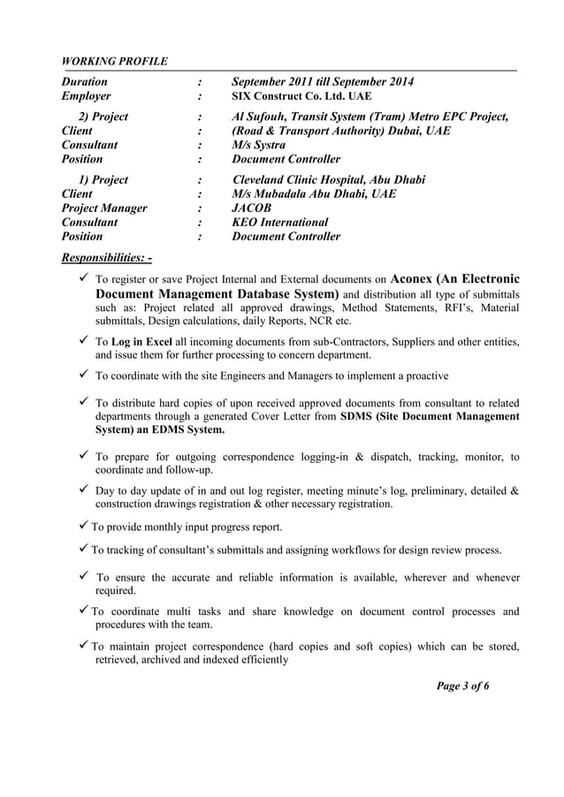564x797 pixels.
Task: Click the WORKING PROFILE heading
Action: (x=114, y=61)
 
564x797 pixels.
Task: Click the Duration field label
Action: (x=84, y=82)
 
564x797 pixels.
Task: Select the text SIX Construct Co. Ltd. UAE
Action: (x=301, y=96)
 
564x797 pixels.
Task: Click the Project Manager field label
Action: (x=103, y=209)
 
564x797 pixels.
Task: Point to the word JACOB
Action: (x=252, y=209)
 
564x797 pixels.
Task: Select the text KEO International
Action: (x=279, y=223)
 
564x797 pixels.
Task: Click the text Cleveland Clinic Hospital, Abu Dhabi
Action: (x=328, y=180)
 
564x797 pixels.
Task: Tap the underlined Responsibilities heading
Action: (x=106, y=259)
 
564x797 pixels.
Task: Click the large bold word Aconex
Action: (x=423, y=277)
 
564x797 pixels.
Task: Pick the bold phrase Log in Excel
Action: (x=148, y=341)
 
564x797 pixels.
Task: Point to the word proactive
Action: (x=421, y=376)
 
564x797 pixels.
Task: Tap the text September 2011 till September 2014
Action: (x=323, y=82)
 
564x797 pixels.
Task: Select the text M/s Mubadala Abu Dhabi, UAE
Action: (x=314, y=194)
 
